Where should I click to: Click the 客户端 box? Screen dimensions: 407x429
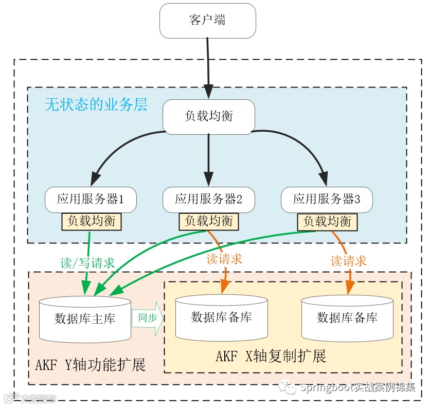click(208, 21)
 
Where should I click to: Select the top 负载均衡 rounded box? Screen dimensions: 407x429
click(208, 116)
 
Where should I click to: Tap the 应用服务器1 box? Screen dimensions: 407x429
click(91, 199)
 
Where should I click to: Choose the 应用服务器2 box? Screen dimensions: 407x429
click(208, 199)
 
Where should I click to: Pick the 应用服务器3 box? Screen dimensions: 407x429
click(327, 199)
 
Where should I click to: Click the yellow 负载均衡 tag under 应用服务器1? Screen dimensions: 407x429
click(92, 221)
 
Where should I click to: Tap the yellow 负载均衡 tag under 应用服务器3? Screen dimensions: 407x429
click(327, 221)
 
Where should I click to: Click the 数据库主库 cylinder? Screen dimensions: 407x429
click(85, 319)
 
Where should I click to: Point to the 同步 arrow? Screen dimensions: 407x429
click(148, 318)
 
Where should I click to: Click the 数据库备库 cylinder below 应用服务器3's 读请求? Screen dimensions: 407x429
click(347, 317)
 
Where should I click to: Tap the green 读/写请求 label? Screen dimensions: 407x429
click(87, 263)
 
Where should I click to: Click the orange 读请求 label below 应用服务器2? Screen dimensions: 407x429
click(224, 259)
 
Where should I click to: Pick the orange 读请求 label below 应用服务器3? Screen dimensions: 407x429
click(348, 261)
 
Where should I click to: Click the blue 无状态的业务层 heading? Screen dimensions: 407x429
click(96, 105)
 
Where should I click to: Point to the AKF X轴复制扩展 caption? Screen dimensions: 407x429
click(271, 356)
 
